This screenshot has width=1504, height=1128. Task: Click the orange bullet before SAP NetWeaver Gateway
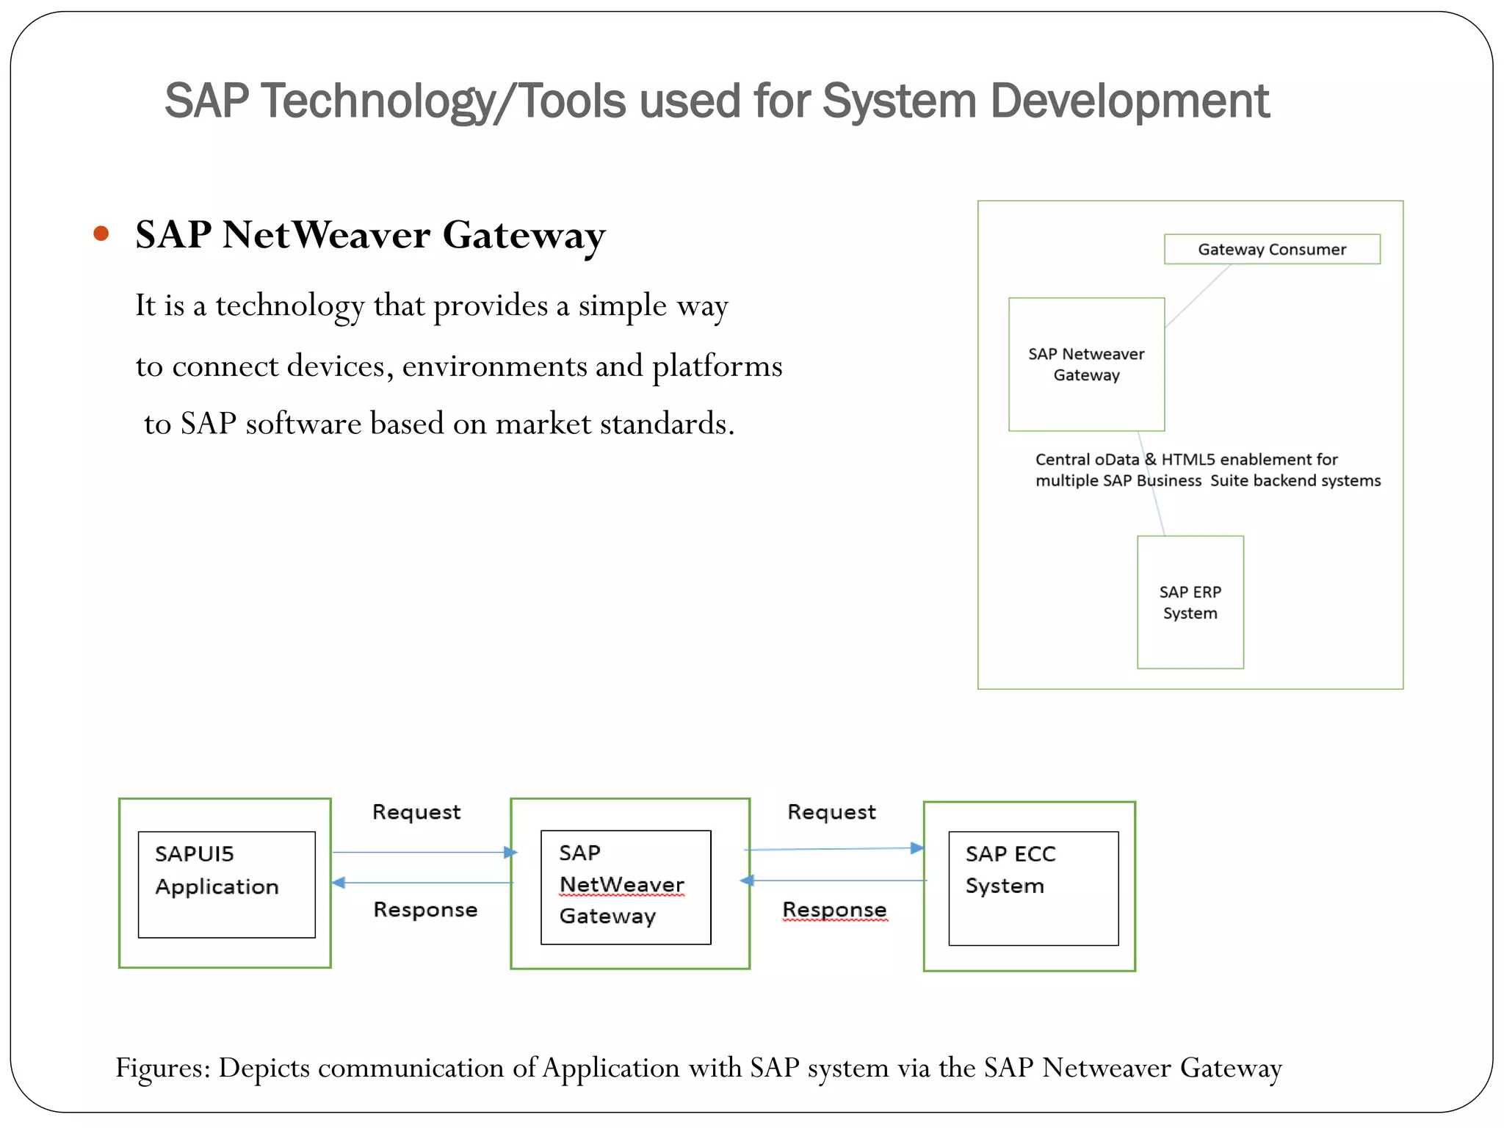[101, 234]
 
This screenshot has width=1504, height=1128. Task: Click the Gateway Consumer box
[1271, 250]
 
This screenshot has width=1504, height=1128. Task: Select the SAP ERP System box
[1190, 602]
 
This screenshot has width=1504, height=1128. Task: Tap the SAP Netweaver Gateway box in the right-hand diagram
[1086, 364]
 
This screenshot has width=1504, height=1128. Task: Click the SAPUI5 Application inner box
[226, 884]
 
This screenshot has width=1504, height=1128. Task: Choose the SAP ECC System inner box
[1033, 888]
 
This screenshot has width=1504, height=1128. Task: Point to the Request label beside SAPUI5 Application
[416, 812]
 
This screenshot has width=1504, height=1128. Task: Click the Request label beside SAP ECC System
[831, 812]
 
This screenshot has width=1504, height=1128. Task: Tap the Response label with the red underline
[834, 910]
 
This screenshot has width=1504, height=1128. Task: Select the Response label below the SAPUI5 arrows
[425, 910]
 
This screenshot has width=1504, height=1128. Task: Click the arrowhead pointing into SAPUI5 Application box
[339, 883]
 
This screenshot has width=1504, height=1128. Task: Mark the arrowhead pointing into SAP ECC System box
[917, 848]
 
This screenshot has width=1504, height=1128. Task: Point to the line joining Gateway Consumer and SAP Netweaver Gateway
[1198, 295]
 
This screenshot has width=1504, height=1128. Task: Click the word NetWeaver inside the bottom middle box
[621, 885]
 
